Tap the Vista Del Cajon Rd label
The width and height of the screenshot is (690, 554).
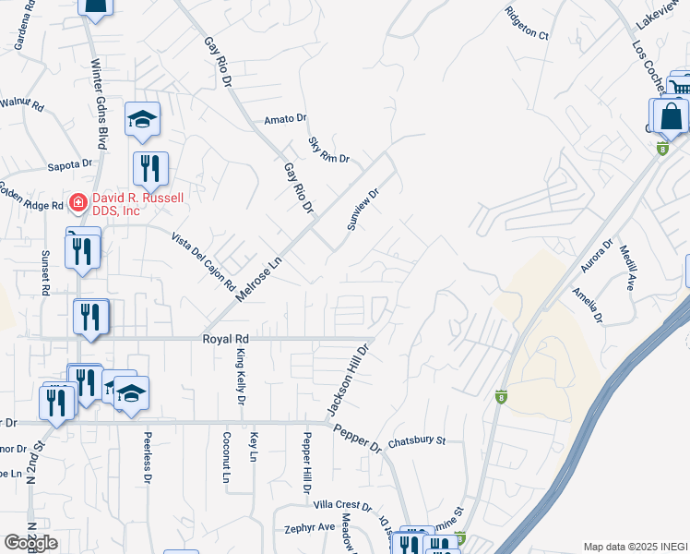(203, 262)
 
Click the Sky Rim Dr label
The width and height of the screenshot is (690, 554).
(328, 150)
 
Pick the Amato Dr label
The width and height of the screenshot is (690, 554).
(284, 119)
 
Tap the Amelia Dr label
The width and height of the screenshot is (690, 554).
(587, 305)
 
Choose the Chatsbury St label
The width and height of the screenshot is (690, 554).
(416, 441)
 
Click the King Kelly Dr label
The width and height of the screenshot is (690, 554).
(240, 378)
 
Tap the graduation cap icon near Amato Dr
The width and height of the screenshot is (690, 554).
(143, 120)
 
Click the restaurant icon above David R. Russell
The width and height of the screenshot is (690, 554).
(149, 169)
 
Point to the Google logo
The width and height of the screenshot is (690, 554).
(30, 543)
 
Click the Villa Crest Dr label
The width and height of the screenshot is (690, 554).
(341, 507)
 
